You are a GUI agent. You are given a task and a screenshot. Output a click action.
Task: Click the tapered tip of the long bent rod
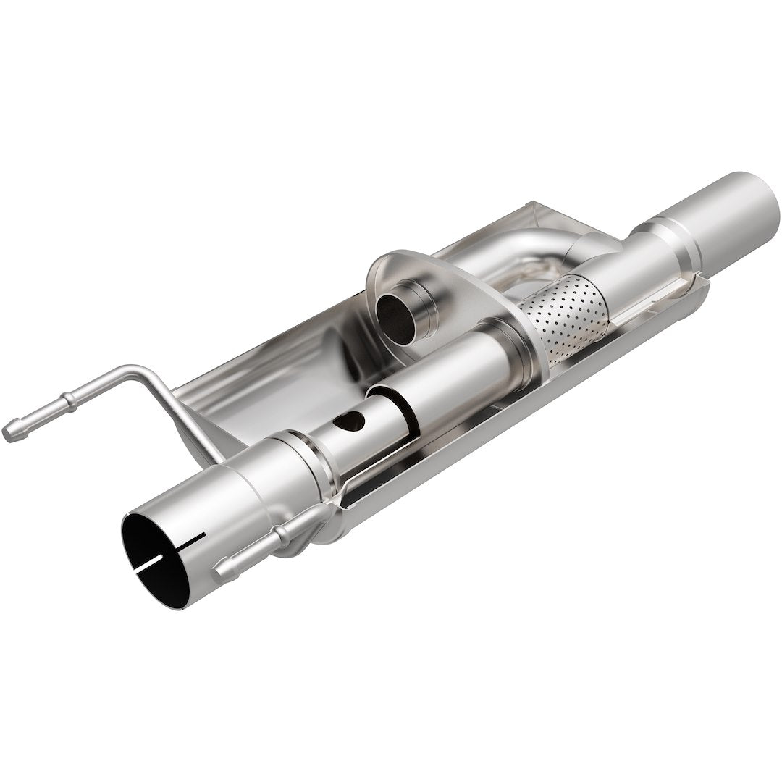10,432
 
